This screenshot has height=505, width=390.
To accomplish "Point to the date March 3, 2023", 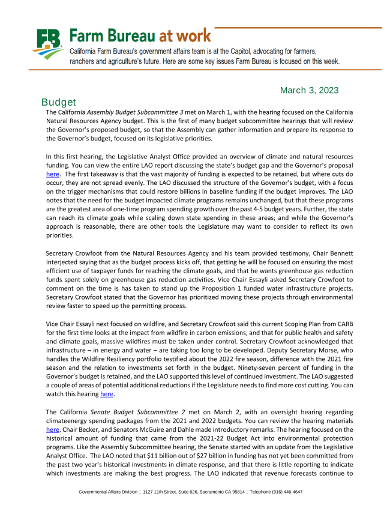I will coord(309,91).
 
